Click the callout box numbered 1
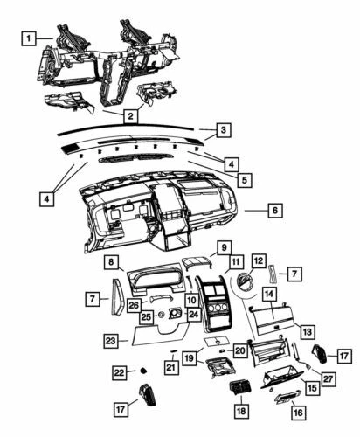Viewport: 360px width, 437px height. [x=29, y=38]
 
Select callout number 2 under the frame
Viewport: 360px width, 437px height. [x=129, y=115]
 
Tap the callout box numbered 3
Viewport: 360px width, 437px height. [x=224, y=130]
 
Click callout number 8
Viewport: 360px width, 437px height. [x=113, y=262]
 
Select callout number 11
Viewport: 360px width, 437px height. [x=235, y=262]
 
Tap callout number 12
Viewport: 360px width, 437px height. [x=259, y=261]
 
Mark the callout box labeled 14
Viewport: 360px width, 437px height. [x=270, y=295]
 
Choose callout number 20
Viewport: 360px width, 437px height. [x=239, y=350]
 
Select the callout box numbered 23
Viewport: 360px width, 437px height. [x=111, y=340]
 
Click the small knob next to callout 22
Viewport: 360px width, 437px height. [x=142, y=371]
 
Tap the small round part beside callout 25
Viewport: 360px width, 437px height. [x=161, y=314]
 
